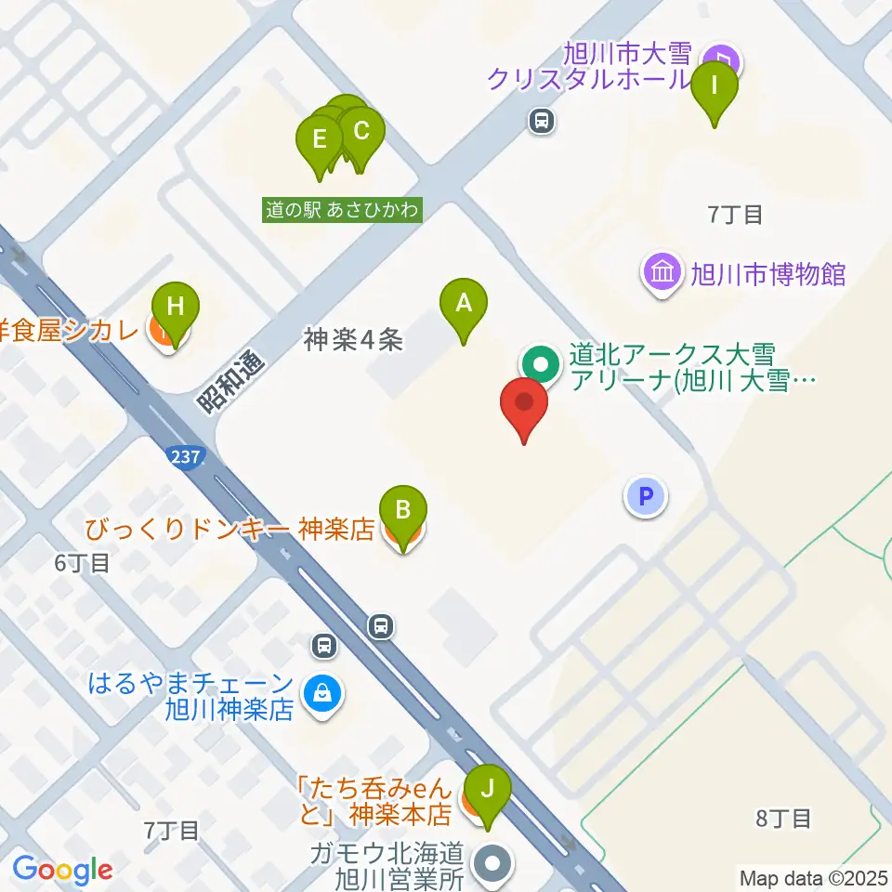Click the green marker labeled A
[x=462, y=302]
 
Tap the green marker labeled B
[x=402, y=510]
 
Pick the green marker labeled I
[x=715, y=86]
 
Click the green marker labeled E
[x=320, y=141]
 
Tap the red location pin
[x=524, y=405]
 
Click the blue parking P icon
[x=647, y=495]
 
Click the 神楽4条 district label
[x=353, y=341]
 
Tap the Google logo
[x=62, y=870]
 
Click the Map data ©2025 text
[x=813, y=877]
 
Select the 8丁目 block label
[x=784, y=819]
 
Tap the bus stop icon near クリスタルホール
[x=541, y=120]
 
